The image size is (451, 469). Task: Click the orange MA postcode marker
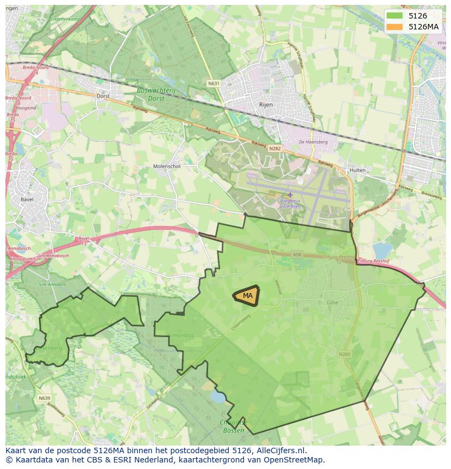pyautogui.click(x=247, y=296)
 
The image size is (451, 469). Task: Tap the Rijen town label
pyautogui.click(x=266, y=105)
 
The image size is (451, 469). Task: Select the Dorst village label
pyautogui.click(x=103, y=95)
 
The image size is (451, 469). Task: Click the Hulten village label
pyautogui.click(x=358, y=170)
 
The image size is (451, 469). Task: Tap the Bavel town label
pyautogui.click(x=27, y=199)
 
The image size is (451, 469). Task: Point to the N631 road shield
pyautogui.click(x=214, y=83)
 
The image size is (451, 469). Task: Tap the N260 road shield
pyautogui.click(x=344, y=354)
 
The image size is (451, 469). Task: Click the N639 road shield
pyautogui.click(x=45, y=398)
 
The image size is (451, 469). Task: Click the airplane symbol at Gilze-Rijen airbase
pyautogui.click(x=290, y=194)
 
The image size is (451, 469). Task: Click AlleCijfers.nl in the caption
pyautogui.click(x=279, y=450)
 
